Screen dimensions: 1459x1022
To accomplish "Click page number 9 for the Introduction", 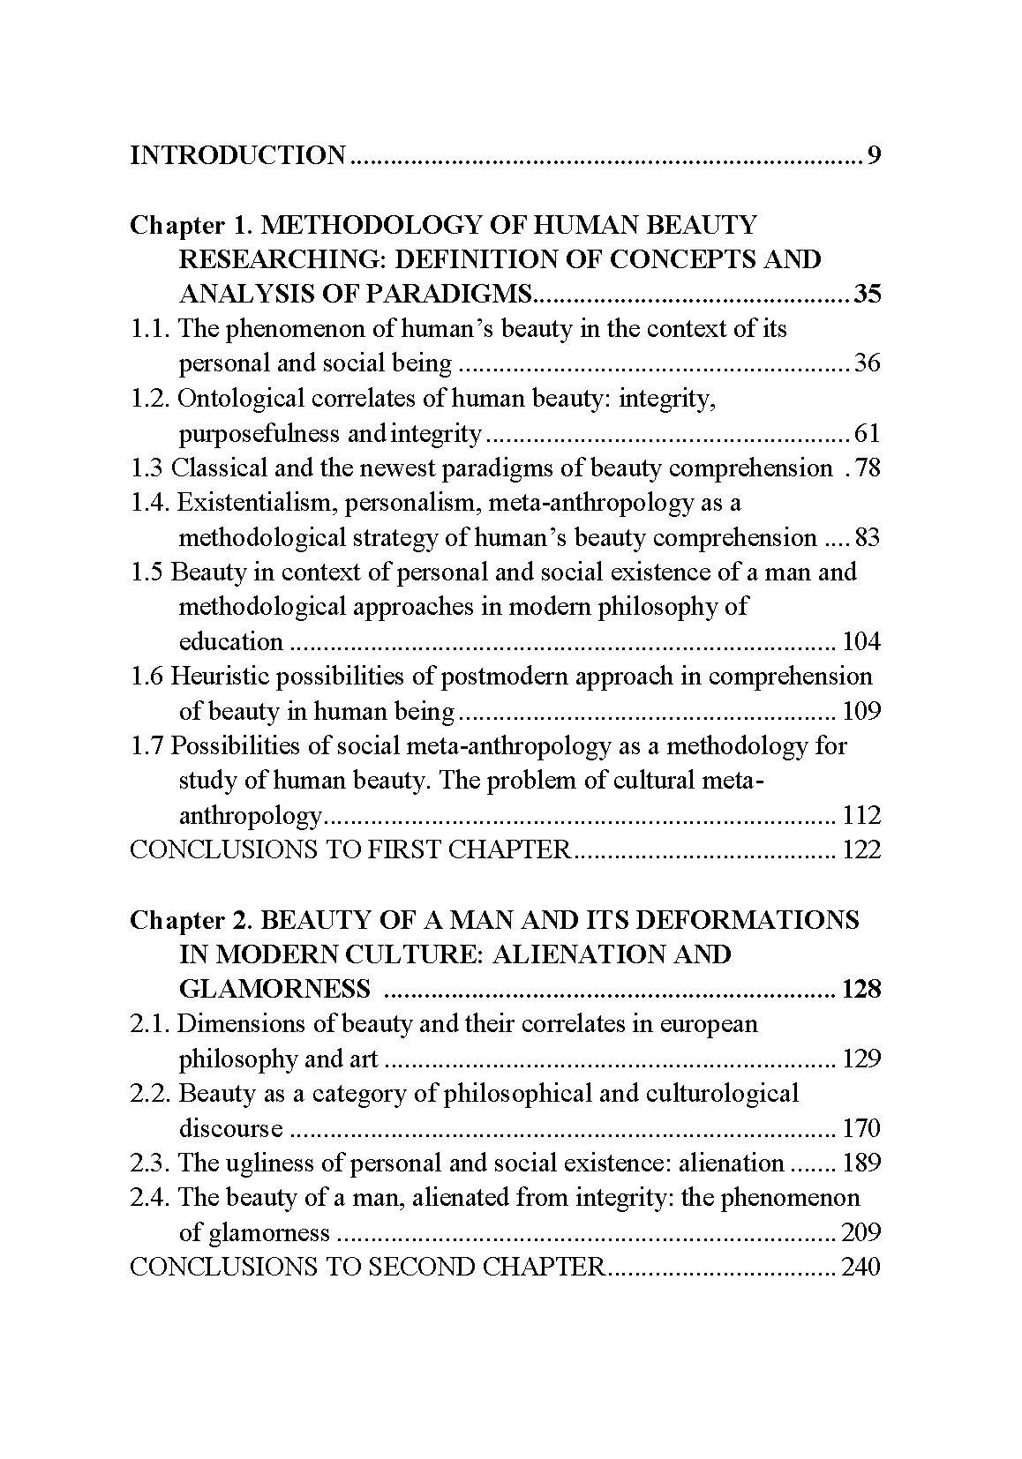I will (x=874, y=156).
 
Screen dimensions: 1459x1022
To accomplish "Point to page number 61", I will (x=868, y=433).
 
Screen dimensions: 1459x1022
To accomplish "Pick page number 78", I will (x=868, y=468).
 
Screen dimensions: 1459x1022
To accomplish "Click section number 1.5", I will (x=147, y=572).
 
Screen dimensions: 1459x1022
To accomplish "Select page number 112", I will (x=861, y=815).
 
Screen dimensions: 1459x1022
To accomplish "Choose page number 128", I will (x=861, y=989).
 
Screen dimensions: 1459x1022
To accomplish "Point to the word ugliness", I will (x=283, y=1163).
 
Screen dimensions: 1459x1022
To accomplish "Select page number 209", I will (x=861, y=1232).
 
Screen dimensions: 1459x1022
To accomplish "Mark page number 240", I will (x=861, y=1268).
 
